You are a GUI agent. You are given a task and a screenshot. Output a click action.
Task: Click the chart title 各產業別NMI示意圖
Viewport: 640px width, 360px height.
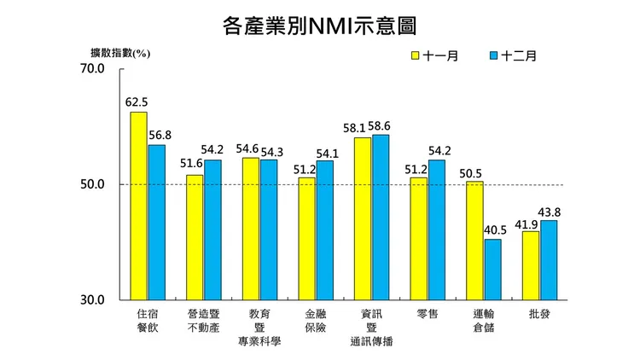(319, 25)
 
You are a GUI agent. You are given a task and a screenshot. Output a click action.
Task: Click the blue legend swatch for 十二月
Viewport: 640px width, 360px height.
(494, 55)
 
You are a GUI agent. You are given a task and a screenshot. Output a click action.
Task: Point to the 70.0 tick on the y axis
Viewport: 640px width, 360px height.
(92, 68)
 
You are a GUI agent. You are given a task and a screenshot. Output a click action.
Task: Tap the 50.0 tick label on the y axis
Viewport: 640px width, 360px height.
(92, 184)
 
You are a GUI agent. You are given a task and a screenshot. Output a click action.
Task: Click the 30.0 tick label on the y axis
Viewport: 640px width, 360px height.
(92, 300)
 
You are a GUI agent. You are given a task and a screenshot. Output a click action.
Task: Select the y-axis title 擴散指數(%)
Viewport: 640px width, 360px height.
(120, 53)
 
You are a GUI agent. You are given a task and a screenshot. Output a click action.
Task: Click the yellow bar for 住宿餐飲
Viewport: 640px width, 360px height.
(138, 206)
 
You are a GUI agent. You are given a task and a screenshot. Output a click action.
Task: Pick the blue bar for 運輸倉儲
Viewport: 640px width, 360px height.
(492, 270)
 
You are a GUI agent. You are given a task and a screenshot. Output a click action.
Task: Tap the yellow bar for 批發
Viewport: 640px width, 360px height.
(531, 265)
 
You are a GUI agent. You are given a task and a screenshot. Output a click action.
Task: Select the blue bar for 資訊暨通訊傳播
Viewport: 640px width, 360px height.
(381, 218)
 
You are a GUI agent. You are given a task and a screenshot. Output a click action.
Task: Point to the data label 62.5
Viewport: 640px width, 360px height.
(137, 102)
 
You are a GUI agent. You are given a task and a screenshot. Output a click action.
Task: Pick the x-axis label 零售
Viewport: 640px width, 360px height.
(427, 314)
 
